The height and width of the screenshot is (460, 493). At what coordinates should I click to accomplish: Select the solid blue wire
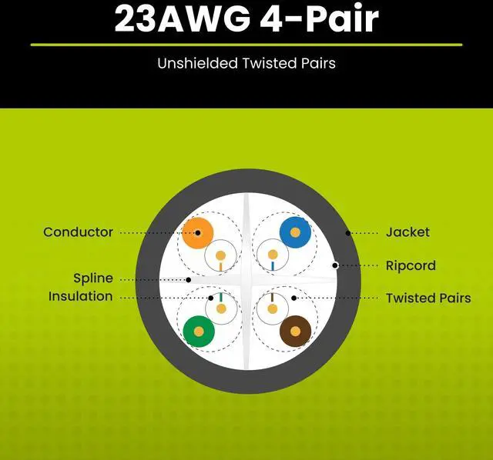coord(293,231)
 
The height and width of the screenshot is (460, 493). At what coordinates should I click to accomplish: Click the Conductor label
coord(78,232)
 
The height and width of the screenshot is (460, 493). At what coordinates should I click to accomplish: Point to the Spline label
coord(92,278)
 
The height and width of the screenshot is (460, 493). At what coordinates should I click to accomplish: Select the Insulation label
coord(80,296)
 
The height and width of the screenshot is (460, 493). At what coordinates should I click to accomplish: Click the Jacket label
coord(407,232)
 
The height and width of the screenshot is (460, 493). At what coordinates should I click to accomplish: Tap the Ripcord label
coord(411,265)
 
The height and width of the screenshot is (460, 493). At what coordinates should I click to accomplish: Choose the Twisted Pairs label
coord(428,298)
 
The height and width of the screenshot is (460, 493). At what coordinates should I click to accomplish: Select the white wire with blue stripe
coord(270,254)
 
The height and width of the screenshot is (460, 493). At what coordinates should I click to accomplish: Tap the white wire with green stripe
coord(221,308)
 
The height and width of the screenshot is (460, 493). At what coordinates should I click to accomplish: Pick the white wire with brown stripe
coord(270,309)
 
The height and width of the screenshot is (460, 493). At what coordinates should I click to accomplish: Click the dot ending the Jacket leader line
coord(349,232)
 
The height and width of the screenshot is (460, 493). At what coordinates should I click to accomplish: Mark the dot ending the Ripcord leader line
coord(335,265)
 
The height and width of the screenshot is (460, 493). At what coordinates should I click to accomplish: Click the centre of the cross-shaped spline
coord(246,281)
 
